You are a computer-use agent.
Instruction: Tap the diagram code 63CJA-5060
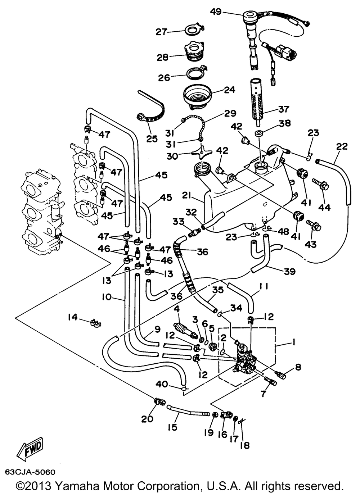(x=30, y=472)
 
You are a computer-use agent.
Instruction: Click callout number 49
(x=216, y=12)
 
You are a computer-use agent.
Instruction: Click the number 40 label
(x=162, y=384)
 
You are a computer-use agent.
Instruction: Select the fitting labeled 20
(x=159, y=401)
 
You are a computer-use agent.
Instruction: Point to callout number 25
(x=152, y=138)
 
